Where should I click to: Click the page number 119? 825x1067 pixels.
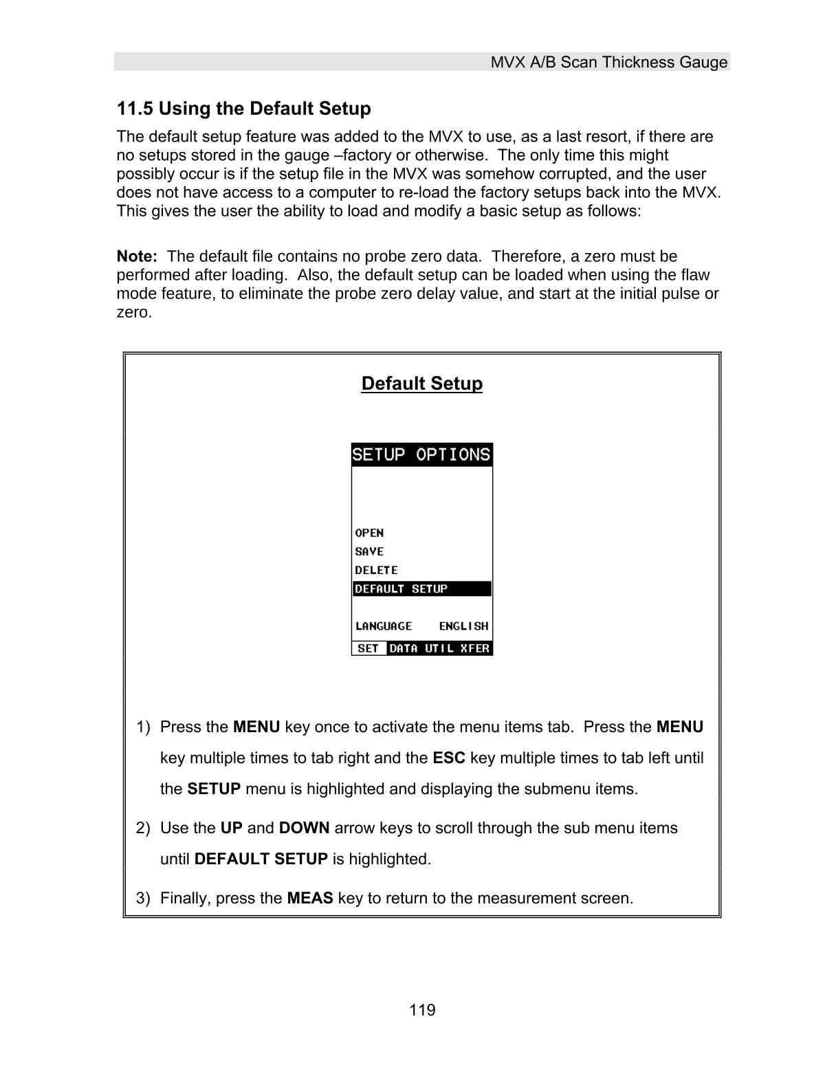pyautogui.click(x=422, y=1010)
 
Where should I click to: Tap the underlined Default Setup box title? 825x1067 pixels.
pyautogui.click(x=421, y=384)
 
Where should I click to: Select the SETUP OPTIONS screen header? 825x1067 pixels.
pyautogui.click(x=421, y=455)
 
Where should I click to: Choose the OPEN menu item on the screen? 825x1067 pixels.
pyautogui.click(x=369, y=533)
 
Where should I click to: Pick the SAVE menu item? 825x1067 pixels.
pyautogui.click(x=369, y=551)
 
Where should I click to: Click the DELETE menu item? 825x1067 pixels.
pyautogui.click(x=376, y=570)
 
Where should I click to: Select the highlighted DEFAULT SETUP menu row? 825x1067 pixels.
pyautogui.click(x=421, y=589)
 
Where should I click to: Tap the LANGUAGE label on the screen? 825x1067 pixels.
pyautogui.click(x=384, y=626)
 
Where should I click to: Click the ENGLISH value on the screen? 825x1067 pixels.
pyautogui.click(x=463, y=626)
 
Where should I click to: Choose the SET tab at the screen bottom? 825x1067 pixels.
pyautogui.click(x=368, y=648)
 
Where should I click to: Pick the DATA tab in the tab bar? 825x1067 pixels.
pyautogui.click(x=404, y=648)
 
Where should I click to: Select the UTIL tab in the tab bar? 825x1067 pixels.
pyautogui.click(x=439, y=648)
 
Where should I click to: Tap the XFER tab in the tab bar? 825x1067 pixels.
pyautogui.click(x=475, y=648)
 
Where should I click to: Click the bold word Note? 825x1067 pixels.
pyautogui.click(x=137, y=256)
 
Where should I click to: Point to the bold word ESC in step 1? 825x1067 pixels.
pyautogui.click(x=449, y=758)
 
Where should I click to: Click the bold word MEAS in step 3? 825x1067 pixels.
pyautogui.click(x=310, y=899)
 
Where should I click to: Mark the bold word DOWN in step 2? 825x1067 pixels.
pyautogui.click(x=304, y=828)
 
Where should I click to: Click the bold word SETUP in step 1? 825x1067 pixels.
pyautogui.click(x=214, y=789)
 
